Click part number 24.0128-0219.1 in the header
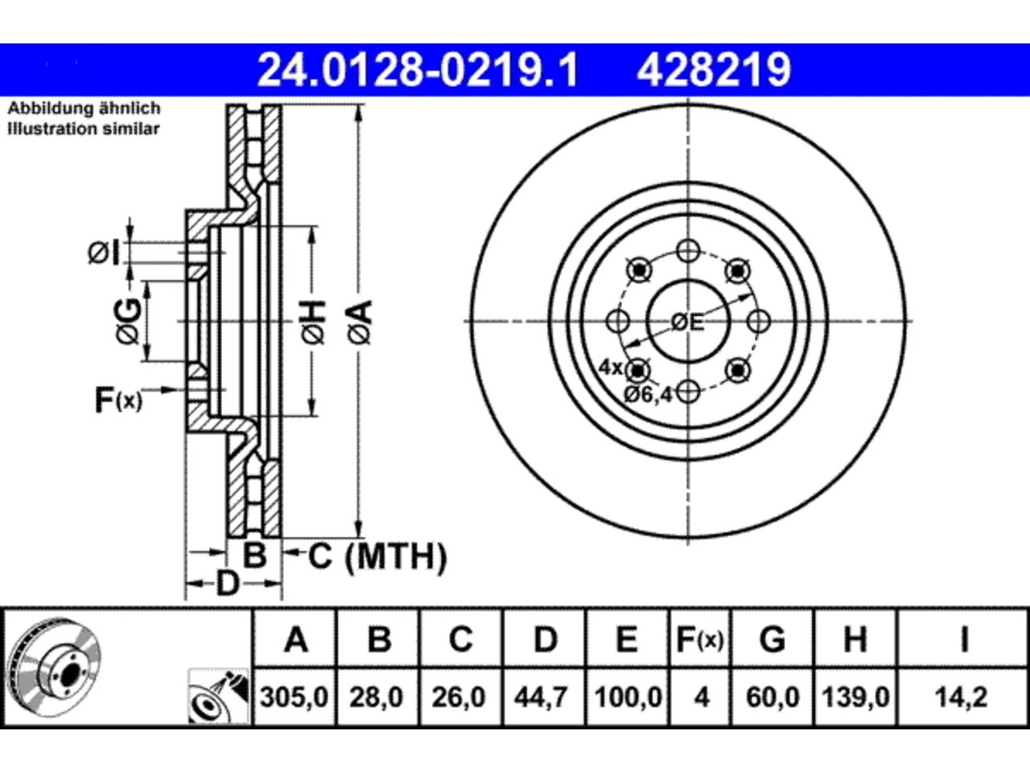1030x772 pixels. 418,70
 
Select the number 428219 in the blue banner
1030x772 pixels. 714,70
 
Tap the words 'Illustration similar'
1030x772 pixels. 84,129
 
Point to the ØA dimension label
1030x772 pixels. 360,322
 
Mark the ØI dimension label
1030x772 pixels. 104,253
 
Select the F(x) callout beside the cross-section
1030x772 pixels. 118,400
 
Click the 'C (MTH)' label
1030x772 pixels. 377,556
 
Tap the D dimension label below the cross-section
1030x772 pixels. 228,584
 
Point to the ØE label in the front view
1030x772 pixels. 687,322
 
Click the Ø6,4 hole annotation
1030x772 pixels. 648,395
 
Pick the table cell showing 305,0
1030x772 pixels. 295,697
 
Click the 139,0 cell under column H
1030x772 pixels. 855,697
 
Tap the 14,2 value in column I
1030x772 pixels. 962,697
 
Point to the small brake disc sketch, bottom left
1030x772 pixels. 55,667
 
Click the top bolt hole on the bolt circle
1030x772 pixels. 688,251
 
